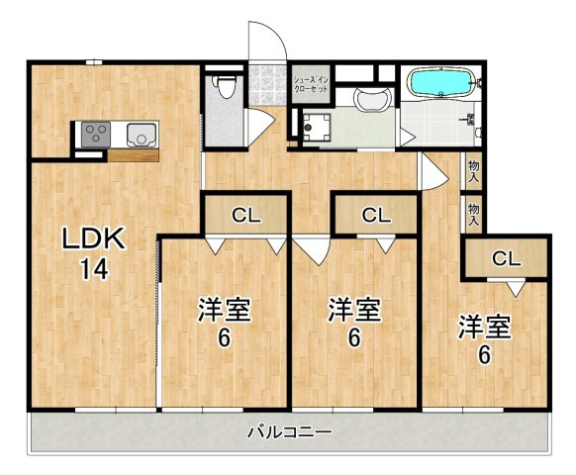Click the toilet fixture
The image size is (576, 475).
click(x=225, y=86)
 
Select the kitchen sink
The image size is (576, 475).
click(x=142, y=135)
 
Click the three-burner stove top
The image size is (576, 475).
click(x=96, y=135)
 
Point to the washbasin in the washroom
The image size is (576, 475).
click(x=372, y=99)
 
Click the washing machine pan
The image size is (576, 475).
click(x=317, y=127)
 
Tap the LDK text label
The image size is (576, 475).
click(x=92, y=238)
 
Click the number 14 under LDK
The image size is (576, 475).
click(x=94, y=268)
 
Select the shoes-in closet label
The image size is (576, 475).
click(x=311, y=84)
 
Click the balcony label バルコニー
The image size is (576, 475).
click(x=290, y=431)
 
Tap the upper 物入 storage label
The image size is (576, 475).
click(x=474, y=171)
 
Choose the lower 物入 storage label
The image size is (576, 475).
click(x=474, y=215)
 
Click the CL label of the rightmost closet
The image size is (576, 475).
click(x=506, y=259)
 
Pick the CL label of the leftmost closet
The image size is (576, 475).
click(x=246, y=215)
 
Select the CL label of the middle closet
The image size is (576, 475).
click(x=376, y=215)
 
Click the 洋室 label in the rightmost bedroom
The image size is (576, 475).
click(x=484, y=327)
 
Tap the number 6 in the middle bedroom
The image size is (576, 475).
click(x=353, y=338)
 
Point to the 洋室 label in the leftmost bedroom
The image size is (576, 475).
click(x=225, y=310)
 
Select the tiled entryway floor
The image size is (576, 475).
click(x=267, y=86)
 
